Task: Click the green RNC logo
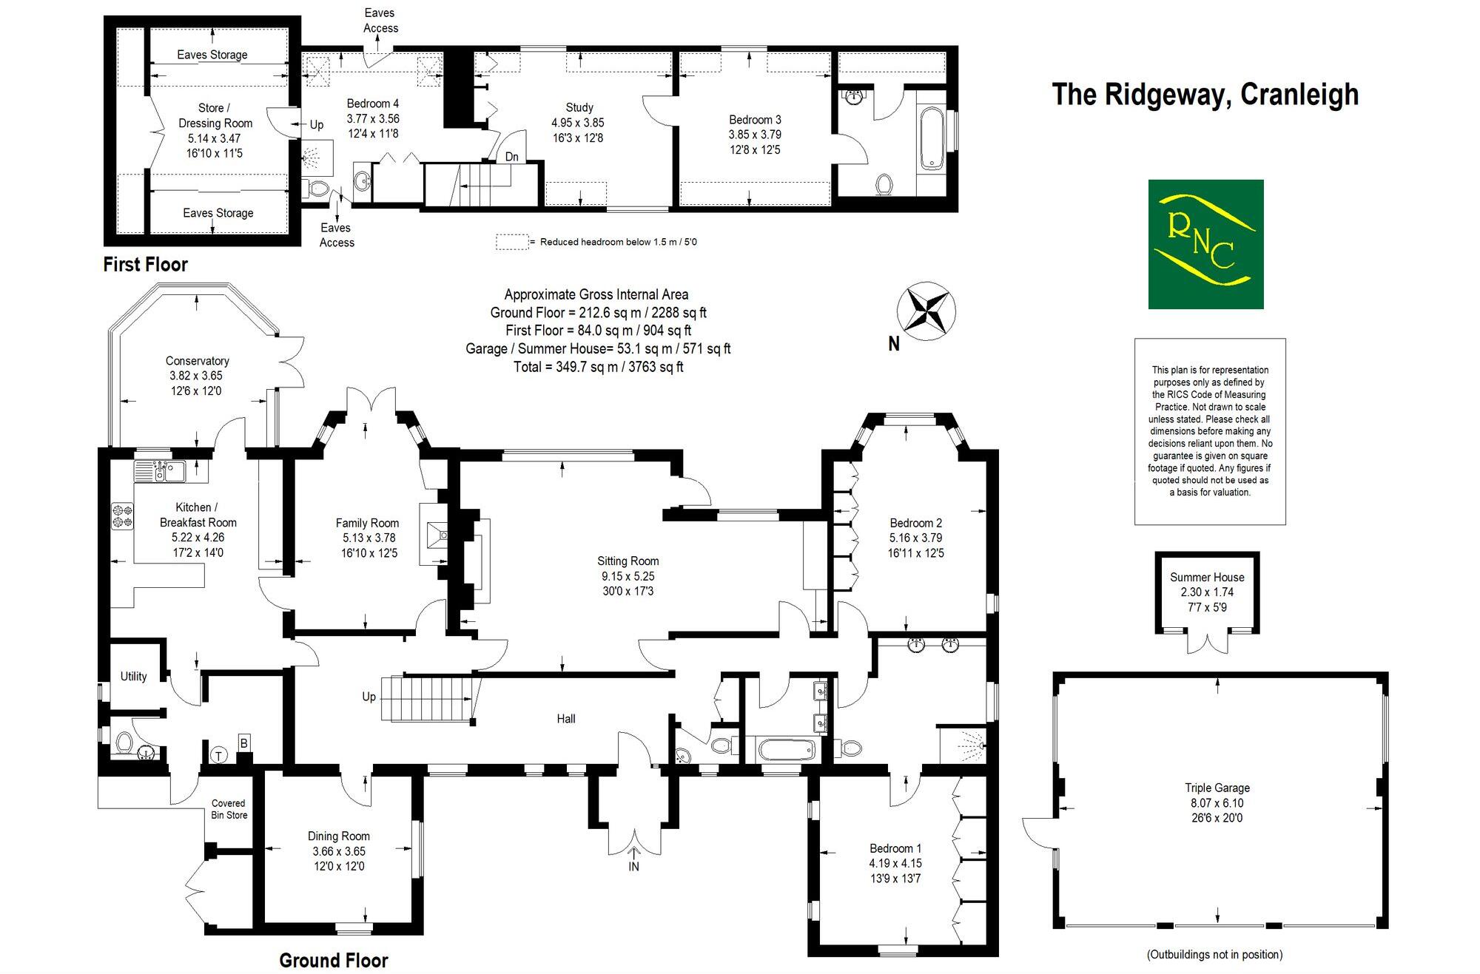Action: [1205, 244]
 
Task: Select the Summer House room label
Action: [1207, 577]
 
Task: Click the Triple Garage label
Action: [1217, 788]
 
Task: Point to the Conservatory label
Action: [197, 361]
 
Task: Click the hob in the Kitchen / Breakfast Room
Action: [122, 515]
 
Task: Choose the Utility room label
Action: [133, 676]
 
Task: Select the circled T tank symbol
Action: [219, 755]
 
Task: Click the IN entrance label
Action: [633, 866]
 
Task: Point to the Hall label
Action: [565, 718]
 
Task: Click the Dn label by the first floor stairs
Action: [511, 157]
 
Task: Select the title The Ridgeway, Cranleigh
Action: [1205, 95]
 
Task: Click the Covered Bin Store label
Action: [229, 809]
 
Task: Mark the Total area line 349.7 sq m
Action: [598, 367]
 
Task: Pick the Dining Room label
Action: [339, 836]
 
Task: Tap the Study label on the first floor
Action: [579, 107]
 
